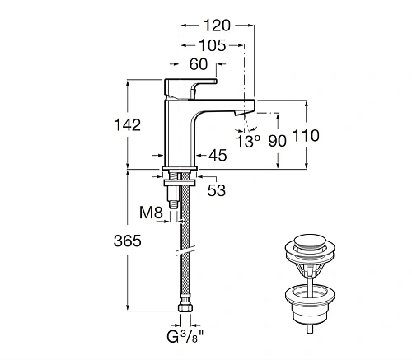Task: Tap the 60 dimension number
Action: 199,64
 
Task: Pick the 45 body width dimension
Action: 218,155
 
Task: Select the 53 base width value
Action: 217,191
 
